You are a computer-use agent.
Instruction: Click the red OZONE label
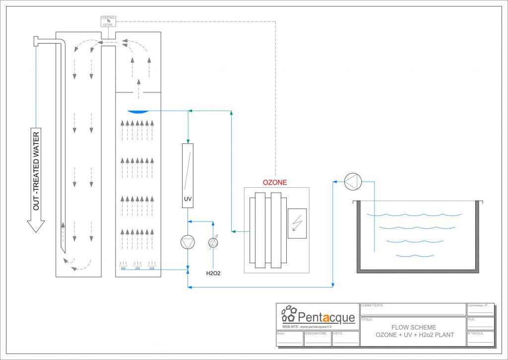pos(274,182)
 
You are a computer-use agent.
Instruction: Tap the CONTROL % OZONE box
pos(108,21)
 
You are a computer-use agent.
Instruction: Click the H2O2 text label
pos(213,273)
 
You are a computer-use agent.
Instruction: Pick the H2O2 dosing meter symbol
pos(213,242)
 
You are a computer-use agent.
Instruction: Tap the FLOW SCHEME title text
pos(414,327)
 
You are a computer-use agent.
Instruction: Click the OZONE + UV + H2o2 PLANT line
pos(414,335)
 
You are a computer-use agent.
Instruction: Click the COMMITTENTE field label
pos(372,305)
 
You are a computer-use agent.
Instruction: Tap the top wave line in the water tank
pos(414,215)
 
